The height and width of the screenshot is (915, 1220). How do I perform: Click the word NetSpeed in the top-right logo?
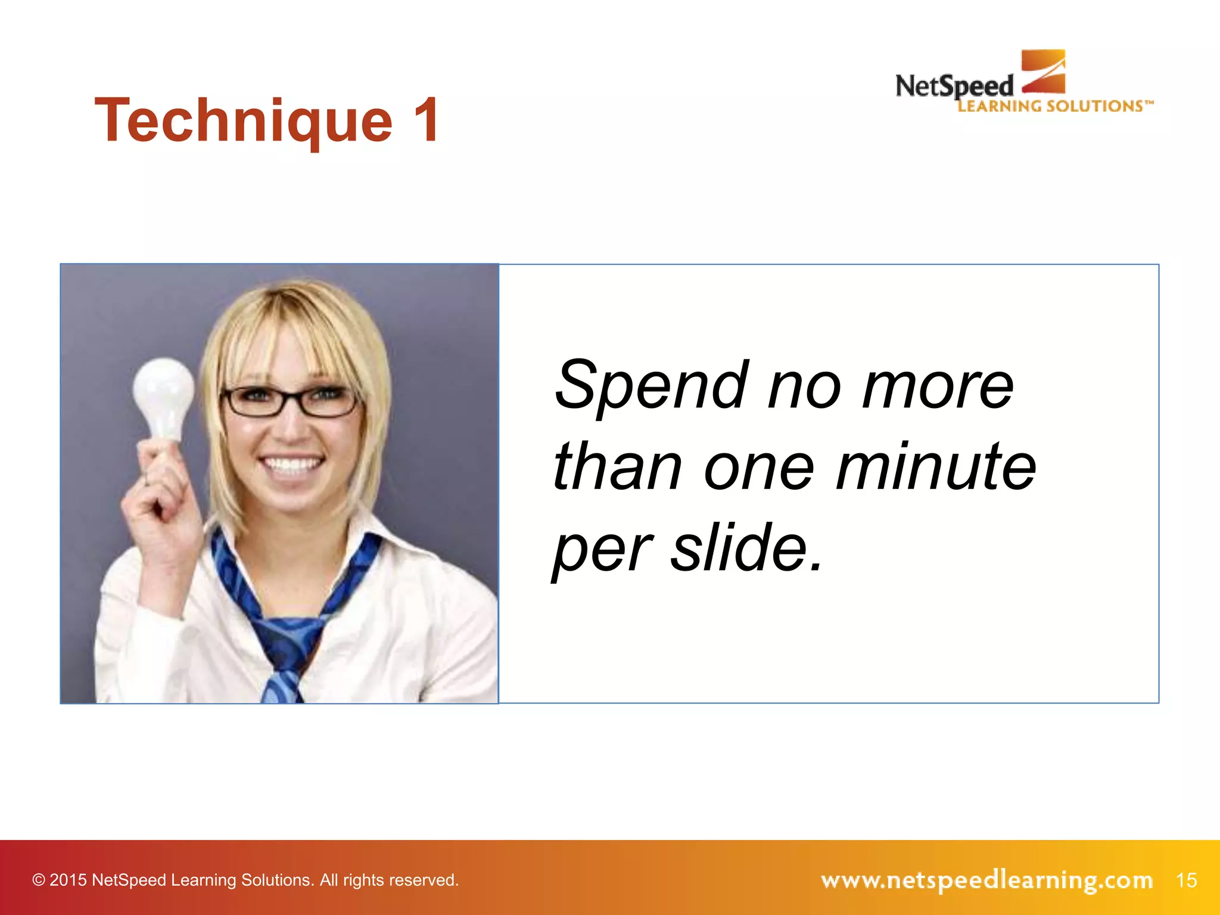click(954, 87)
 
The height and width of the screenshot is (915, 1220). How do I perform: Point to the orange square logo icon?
click(1044, 71)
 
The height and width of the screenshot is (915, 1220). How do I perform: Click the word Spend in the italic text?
click(651, 385)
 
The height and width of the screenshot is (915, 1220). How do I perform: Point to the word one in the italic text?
click(758, 468)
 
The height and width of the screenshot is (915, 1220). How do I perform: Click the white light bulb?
click(163, 396)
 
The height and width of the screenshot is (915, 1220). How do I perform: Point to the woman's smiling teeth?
click(292, 464)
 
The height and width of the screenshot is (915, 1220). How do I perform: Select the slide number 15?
click(1186, 880)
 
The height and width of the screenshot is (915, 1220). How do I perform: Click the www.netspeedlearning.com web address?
click(986, 880)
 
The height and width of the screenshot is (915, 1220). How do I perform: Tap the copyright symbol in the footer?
click(39, 880)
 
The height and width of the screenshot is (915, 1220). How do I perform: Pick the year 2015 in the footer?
click(68, 880)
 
